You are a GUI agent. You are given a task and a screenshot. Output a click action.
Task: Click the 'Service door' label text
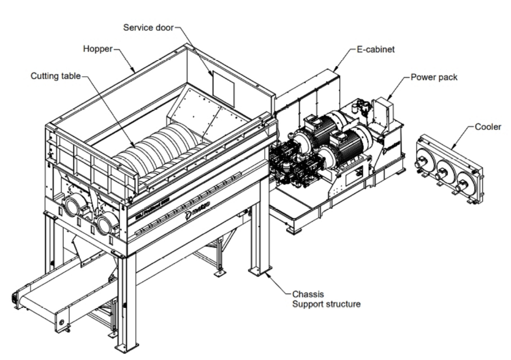click(x=148, y=28)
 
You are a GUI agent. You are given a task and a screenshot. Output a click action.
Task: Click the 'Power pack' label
click(x=434, y=78)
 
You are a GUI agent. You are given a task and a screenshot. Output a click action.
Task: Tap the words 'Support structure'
click(x=325, y=304)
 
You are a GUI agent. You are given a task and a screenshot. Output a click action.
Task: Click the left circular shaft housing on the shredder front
click(x=75, y=206)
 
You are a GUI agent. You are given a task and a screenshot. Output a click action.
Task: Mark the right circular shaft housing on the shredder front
click(x=105, y=224)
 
